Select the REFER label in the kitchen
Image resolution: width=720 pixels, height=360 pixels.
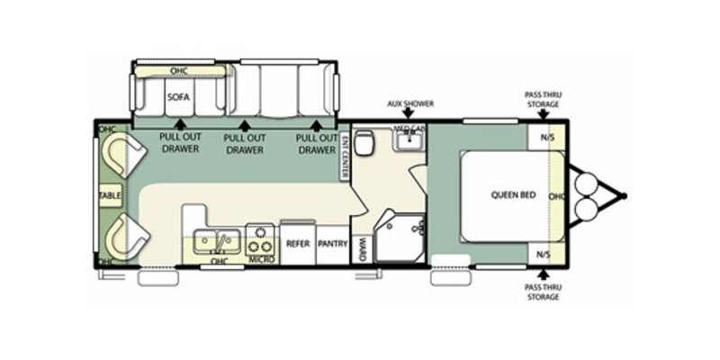[x=298, y=243]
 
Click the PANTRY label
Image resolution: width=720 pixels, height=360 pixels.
[x=332, y=243]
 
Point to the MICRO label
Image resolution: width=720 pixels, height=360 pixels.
[x=263, y=260]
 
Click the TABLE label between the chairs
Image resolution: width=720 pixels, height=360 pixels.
[x=110, y=194]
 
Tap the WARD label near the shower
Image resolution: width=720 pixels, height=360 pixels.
[x=360, y=247]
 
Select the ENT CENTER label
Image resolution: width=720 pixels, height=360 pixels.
[x=346, y=156]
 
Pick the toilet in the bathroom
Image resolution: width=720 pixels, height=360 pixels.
[x=364, y=144]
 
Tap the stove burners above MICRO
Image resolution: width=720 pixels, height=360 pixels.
[x=261, y=239]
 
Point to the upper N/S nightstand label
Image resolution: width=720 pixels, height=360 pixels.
[x=546, y=137]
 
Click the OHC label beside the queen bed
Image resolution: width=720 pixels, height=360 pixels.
[x=556, y=195]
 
